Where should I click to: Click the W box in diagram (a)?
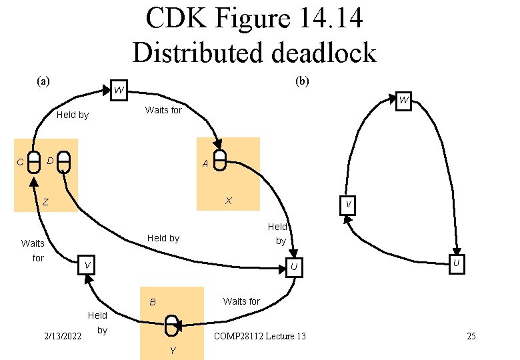point(119,90)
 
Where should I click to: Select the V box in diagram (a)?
point(86,265)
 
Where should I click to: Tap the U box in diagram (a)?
point(294,267)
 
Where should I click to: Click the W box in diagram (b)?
point(403,101)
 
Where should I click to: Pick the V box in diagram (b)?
point(348,205)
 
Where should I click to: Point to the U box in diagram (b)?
point(457,264)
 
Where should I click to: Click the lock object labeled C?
point(33,163)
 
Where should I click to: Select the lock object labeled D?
point(64,163)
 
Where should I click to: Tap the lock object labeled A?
point(219,160)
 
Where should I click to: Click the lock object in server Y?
point(171,325)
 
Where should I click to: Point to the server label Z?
point(46,202)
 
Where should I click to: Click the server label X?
point(229,201)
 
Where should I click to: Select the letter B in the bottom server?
point(153,302)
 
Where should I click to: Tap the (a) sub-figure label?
point(43,81)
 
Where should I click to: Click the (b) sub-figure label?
point(302,81)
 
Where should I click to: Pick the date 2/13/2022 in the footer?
point(63,336)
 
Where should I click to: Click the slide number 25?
point(471,336)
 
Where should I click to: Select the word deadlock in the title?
point(324,53)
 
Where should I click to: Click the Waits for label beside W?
point(163,110)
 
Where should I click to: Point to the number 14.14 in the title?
point(331,17)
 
